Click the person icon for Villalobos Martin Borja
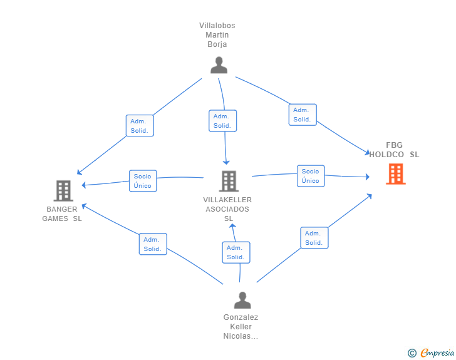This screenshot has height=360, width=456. coord(219,65)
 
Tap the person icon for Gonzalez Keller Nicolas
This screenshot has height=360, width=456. coord(242,300)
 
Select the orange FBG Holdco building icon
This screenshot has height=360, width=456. coord(395,173)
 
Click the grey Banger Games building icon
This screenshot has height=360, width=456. coord(63,190)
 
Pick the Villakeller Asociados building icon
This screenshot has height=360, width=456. coord(228,181)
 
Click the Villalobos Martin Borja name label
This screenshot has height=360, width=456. coord(217,35)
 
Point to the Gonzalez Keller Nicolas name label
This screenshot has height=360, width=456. coord(241,327)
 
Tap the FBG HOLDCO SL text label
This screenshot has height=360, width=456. coord(395,150)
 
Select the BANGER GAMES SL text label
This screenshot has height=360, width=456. coord(62,213)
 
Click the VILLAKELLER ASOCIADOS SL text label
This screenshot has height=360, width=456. coord(227,209)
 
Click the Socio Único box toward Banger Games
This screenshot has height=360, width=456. coord(142,181)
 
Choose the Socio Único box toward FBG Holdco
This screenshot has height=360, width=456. coord(310,176)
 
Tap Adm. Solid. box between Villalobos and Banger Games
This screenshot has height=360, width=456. coord(139,126)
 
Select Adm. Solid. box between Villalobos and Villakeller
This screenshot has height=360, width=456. coord(222,121)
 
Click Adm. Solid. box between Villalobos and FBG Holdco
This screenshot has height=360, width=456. coord(302,115)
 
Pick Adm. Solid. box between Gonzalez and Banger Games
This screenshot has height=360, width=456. coord(152,244)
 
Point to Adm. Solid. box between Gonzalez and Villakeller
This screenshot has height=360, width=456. coord(236,252)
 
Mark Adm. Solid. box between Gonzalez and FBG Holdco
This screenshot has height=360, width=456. coord(314,238)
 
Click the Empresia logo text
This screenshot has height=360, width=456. coord(437,353)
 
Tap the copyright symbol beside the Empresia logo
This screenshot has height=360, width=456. coord(412,353)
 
